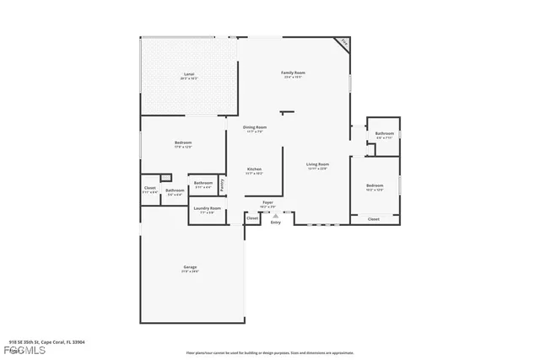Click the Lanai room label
(188, 75)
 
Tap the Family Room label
(293, 73)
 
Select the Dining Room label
(255, 127)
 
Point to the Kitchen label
(254, 169)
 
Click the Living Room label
(317, 164)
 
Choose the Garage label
(190, 268)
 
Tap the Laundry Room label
(207, 208)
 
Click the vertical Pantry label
(222, 183)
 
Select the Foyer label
(267, 202)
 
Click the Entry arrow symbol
(274, 216)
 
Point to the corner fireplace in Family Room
(343, 42)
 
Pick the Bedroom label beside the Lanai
(183, 143)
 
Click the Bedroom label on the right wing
(374, 185)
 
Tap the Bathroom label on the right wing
(385, 133)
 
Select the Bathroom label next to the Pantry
(203, 183)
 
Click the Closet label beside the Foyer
(252, 218)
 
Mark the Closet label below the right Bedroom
(373, 218)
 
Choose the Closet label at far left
(149, 188)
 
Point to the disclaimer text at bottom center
(269, 352)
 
